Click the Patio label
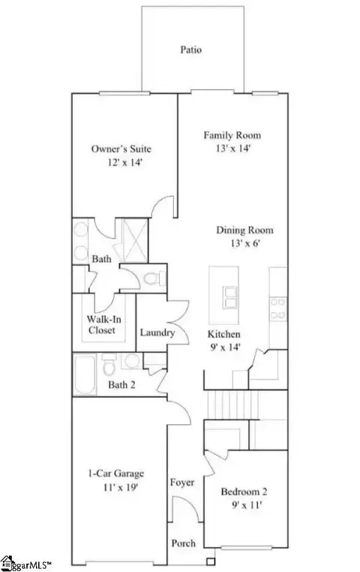pyautogui.click(x=191, y=50)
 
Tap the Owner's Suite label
pyautogui.click(x=121, y=149)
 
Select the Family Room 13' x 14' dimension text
pyautogui.click(x=233, y=149)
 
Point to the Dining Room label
pyautogui.click(x=244, y=230)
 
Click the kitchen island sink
pyautogui.click(x=230, y=297)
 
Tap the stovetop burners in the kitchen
pyautogui.click(x=278, y=309)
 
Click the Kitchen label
pyautogui.click(x=223, y=334)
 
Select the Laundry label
pyautogui.click(x=157, y=333)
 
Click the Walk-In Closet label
pyautogui.click(x=103, y=325)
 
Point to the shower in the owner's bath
pyautogui.click(x=135, y=240)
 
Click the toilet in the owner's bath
pyautogui.click(x=154, y=279)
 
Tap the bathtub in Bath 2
pyautogui.click(x=85, y=375)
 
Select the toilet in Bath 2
pyautogui.click(x=109, y=365)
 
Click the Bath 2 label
pyautogui.click(x=121, y=385)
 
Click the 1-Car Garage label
pyautogui.click(x=115, y=474)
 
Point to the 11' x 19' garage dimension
pyautogui.click(x=120, y=487)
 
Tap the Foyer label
pyautogui.click(x=181, y=483)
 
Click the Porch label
pyautogui.click(x=183, y=543)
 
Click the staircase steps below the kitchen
pyautogui.click(x=232, y=405)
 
